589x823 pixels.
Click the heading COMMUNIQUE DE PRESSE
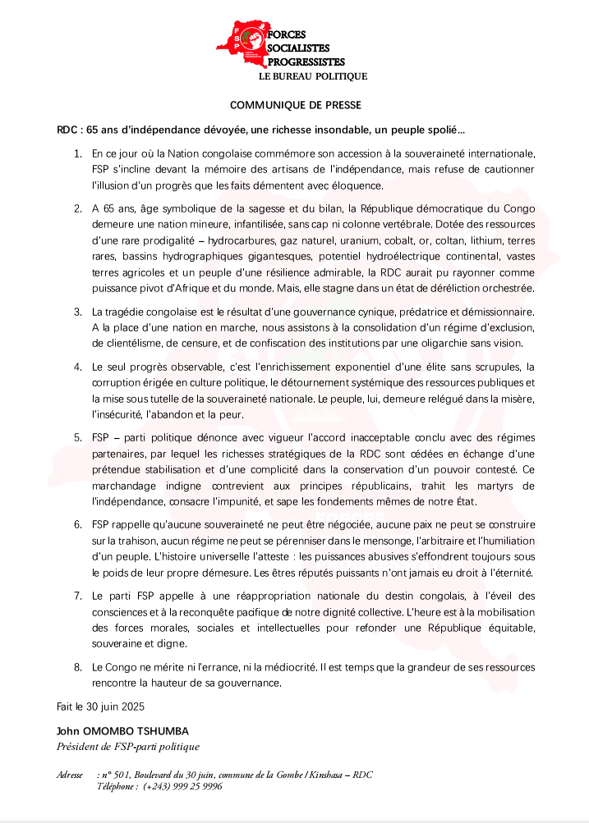point(295,105)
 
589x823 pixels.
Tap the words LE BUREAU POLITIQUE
point(313,76)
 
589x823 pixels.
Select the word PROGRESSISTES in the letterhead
point(306,62)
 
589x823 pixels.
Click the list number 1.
point(77,153)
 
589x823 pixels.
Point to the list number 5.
point(77,437)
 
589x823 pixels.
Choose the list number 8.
point(77,667)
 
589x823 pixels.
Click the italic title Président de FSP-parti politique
point(127,747)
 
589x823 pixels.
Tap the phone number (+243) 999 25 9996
point(182,786)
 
